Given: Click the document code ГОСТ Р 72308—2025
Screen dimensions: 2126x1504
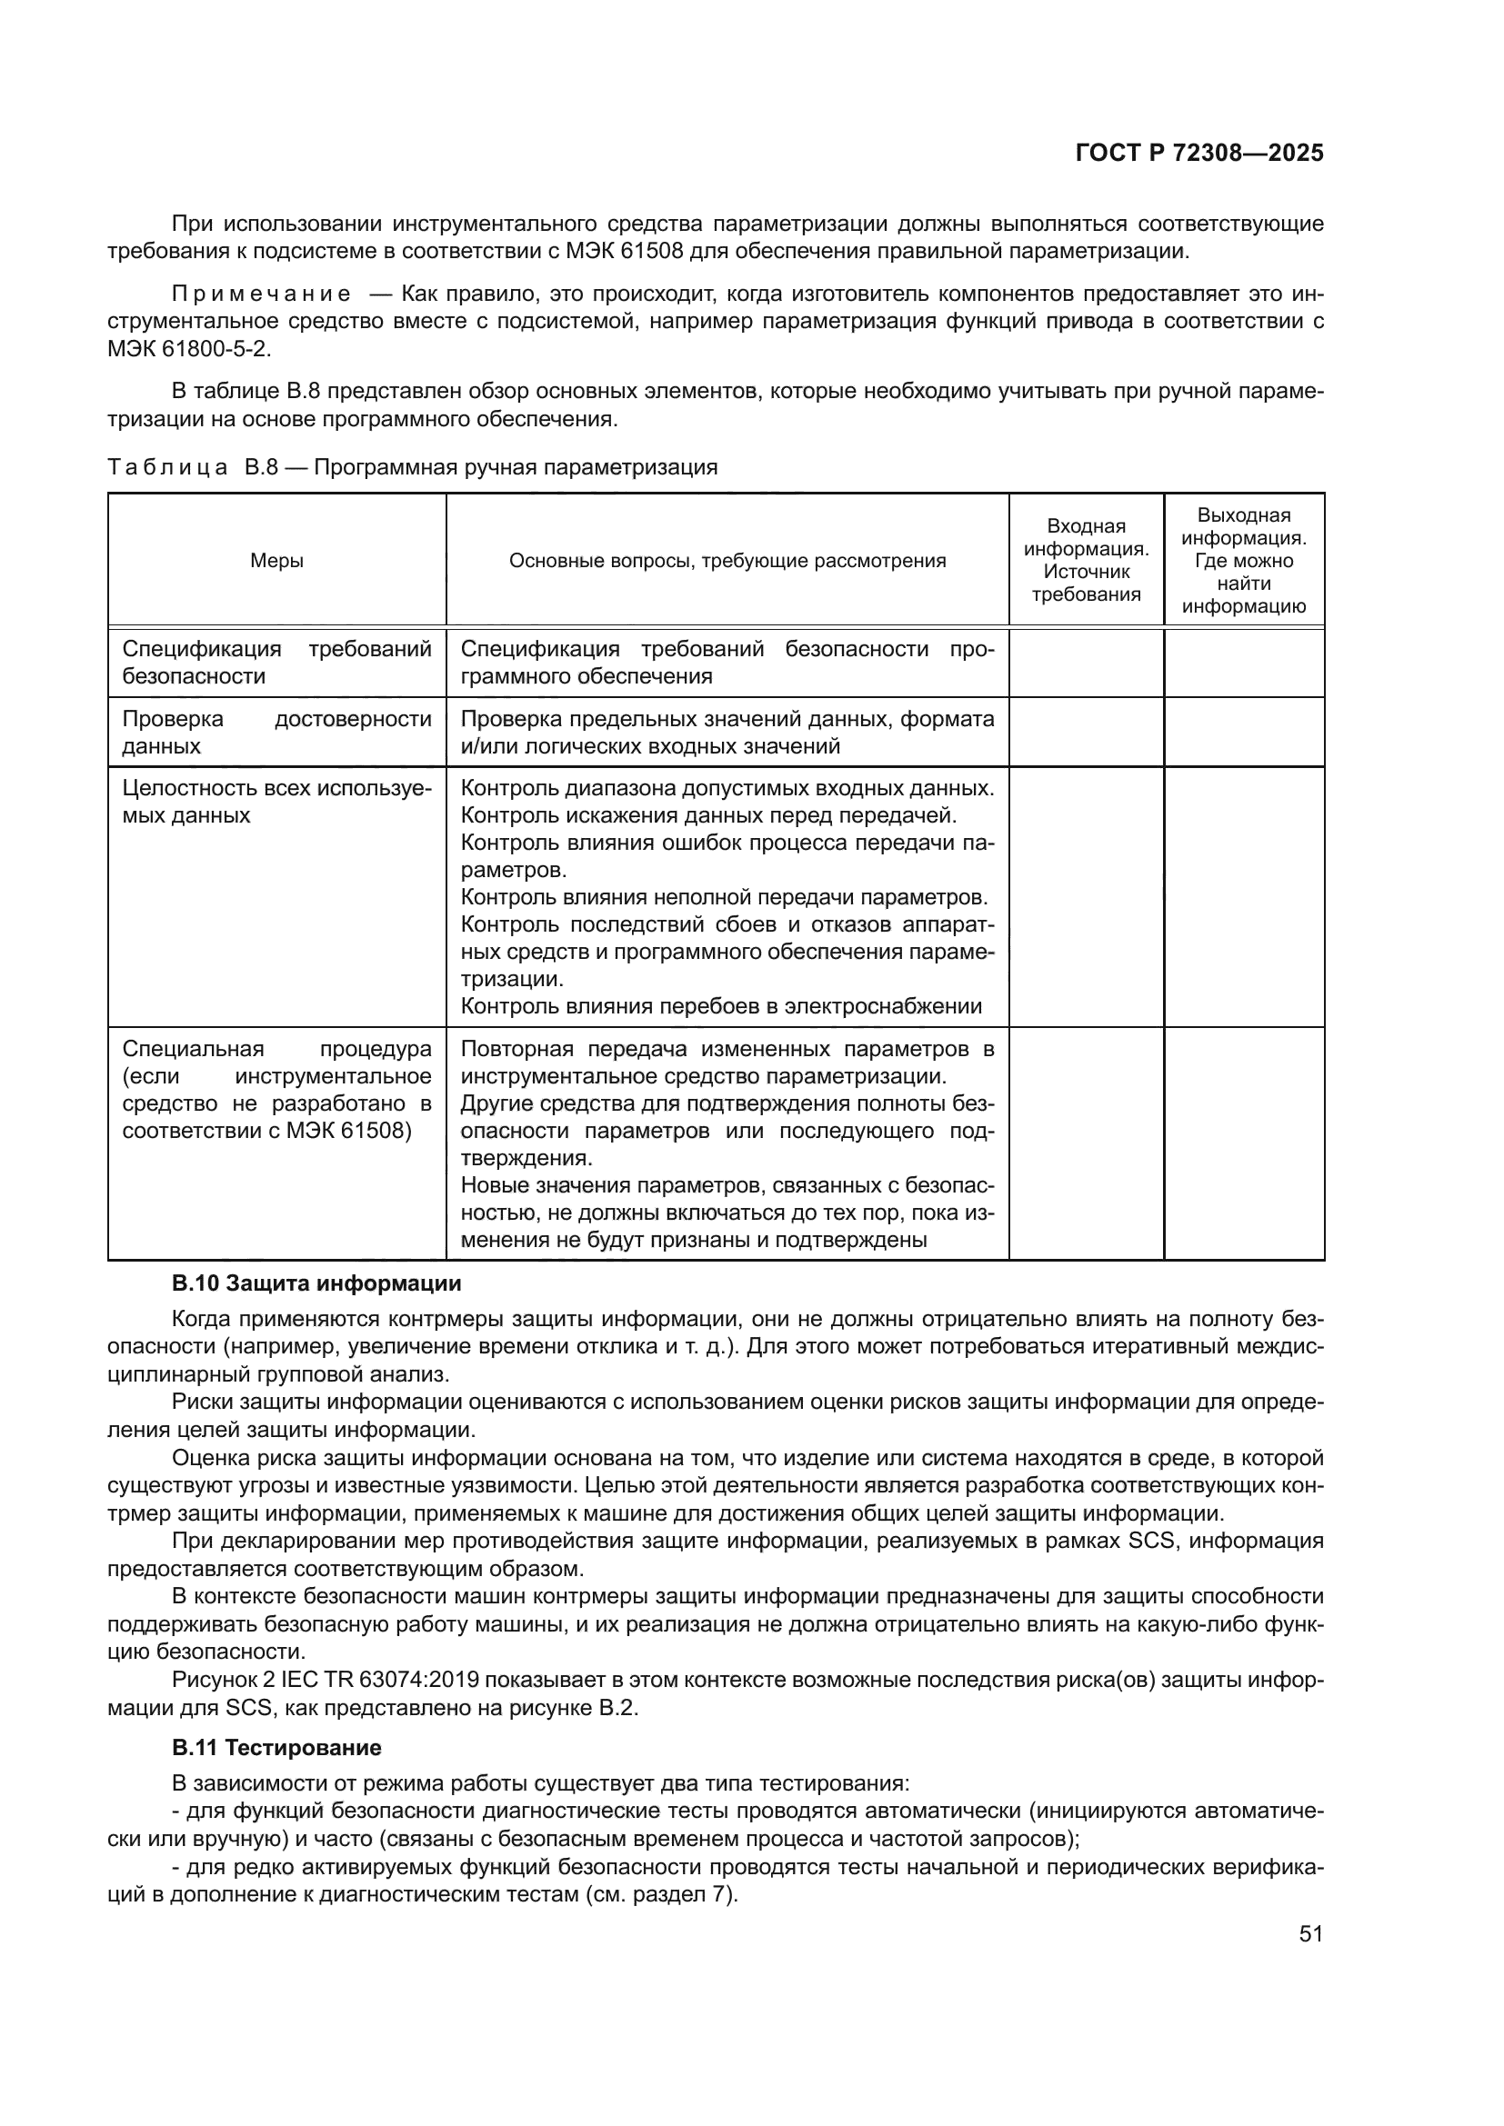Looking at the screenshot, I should tap(1199, 154).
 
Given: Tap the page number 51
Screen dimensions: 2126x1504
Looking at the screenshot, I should tap(1310, 1933).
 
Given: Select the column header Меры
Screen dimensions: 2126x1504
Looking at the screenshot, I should tap(277, 560).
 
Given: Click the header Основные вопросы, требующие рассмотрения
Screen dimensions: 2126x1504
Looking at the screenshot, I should tap(727, 560).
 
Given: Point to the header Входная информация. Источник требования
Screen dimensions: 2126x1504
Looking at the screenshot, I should tap(1086, 560).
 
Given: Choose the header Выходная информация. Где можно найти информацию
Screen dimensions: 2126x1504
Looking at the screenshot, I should tap(1244, 560).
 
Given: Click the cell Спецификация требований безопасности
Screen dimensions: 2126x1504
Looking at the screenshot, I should tap(277, 662).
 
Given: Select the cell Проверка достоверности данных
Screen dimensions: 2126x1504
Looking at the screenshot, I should tap(277, 733).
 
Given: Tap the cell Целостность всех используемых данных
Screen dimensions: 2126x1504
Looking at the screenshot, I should tap(277, 802).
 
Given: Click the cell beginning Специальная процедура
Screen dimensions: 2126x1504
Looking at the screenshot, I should tap(277, 1090).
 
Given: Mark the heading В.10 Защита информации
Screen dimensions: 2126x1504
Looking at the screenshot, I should tap(316, 1283).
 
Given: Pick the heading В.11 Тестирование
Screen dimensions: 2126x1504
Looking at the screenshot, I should tap(276, 1748).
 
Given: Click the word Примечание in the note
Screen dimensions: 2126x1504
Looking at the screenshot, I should tap(261, 294).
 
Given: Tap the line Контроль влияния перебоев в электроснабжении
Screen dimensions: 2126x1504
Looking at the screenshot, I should tap(720, 1006).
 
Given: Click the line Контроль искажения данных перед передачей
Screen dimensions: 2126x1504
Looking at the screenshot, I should tap(708, 815).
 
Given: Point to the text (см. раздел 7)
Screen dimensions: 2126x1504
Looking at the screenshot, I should tap(660, 1893).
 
